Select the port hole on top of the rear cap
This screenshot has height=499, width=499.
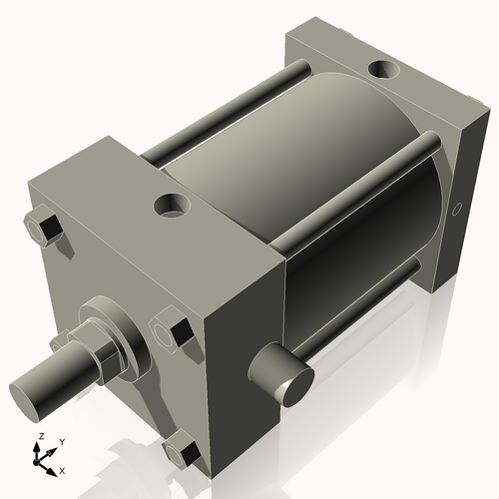pyautogui.click(x=382, y=70)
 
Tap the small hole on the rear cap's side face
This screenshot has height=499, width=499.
pyautogui.click(x=458, y=210)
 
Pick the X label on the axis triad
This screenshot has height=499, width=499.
pyautogui.click(x=63, y=469)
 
